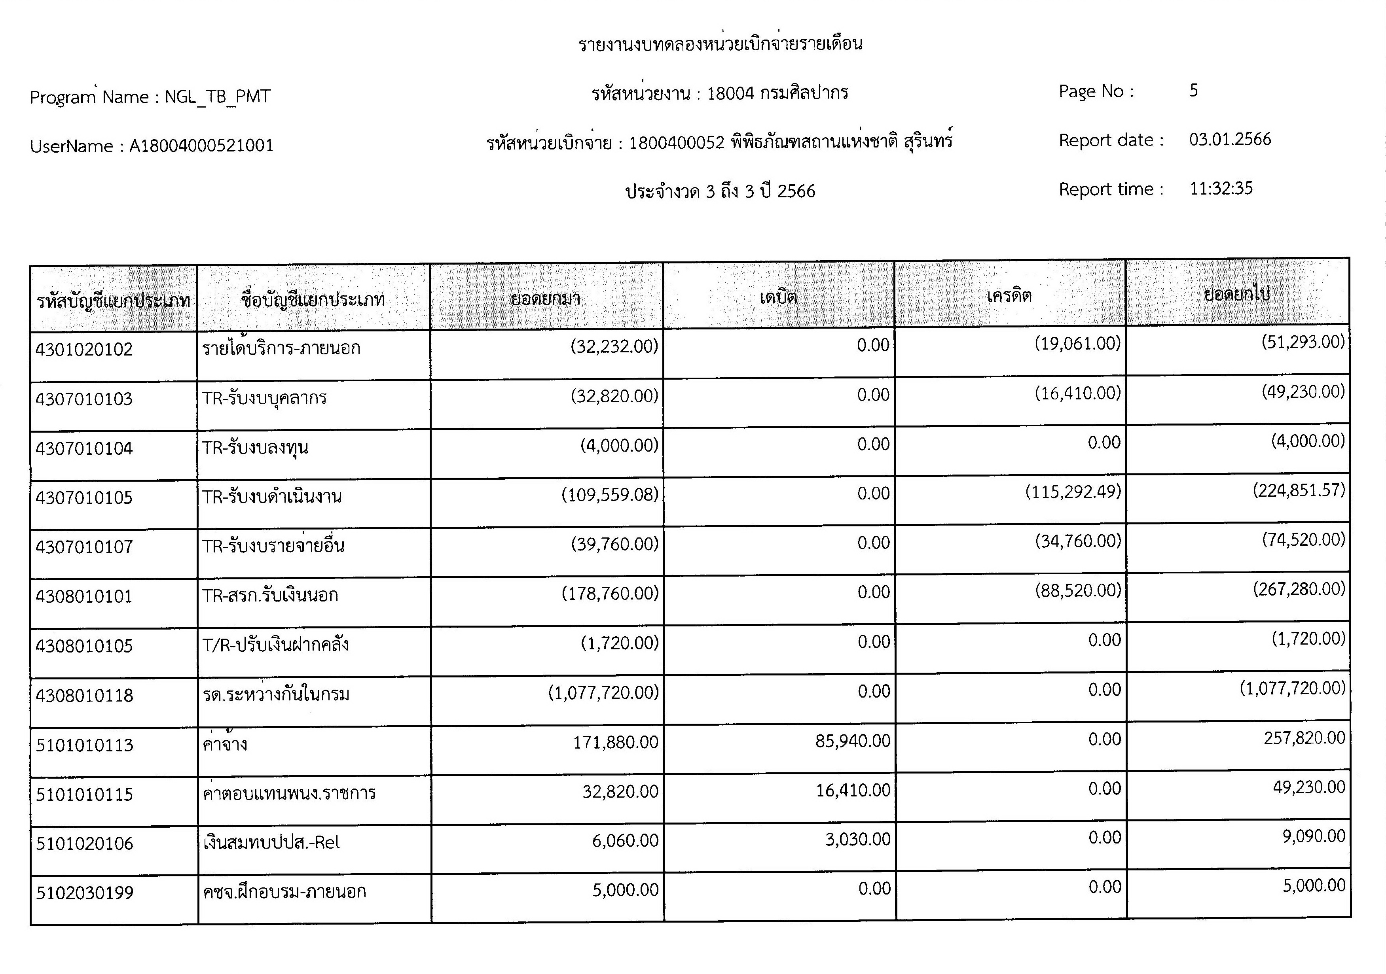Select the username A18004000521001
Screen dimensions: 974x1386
201,146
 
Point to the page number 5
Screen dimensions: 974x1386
1193,91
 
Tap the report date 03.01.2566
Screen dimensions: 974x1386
1230,140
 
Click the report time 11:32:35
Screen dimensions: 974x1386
1221,188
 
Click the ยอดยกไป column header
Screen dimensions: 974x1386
1237,294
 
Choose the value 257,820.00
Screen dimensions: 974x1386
1304,738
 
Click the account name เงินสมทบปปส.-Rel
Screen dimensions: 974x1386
272,842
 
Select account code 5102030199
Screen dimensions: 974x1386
85,893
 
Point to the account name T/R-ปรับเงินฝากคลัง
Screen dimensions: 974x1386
275,645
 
